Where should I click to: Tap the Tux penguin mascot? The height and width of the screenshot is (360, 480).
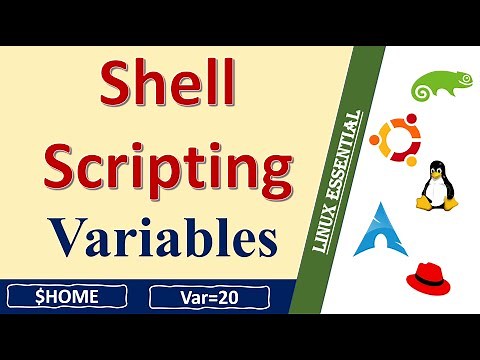(x=437, y=185)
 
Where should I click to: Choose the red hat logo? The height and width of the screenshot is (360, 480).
(x=432, y=280)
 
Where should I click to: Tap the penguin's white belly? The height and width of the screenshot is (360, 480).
(x=437, y=192)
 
